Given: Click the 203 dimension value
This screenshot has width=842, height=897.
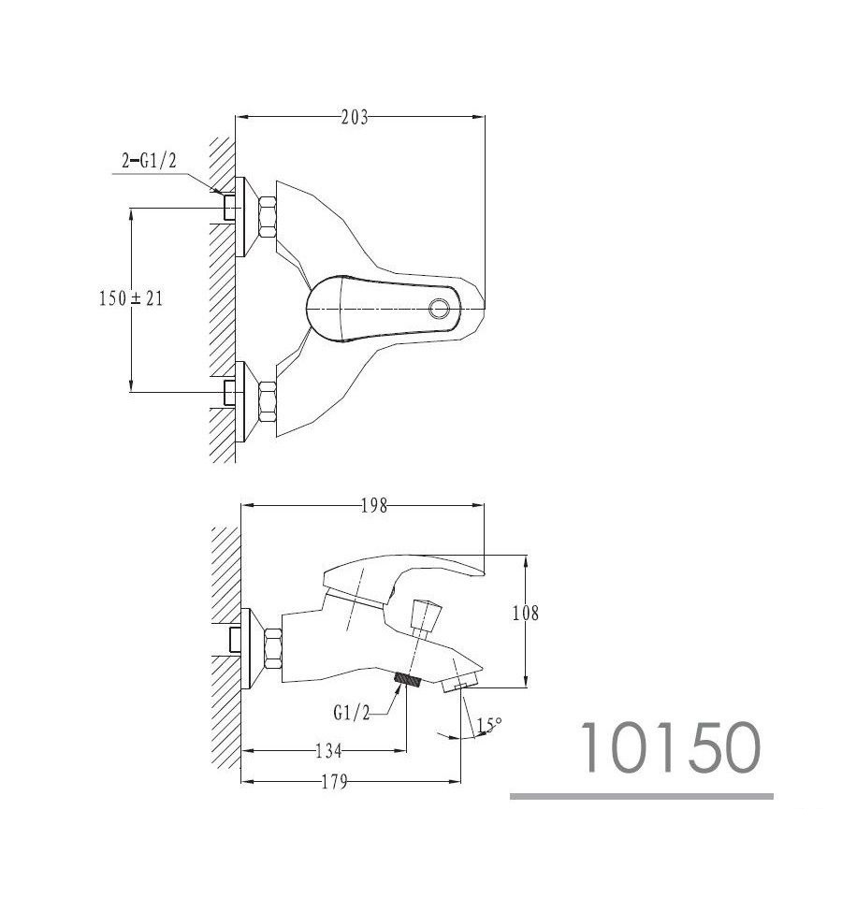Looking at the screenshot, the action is tap(355, 118).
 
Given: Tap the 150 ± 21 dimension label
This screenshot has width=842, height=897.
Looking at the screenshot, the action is tap(131, 298).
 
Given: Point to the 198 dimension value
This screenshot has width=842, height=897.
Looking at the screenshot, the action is tap(374, 506).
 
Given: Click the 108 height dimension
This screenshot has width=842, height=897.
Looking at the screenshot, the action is tap(526, 614).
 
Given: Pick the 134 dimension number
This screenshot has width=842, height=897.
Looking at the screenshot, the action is tap(329, 751).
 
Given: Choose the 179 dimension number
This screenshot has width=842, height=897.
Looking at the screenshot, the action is tap(334, 782).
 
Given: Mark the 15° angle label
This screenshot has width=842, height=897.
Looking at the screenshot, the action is tap(489, 725).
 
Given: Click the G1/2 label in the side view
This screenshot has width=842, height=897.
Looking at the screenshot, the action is tap(352, 712).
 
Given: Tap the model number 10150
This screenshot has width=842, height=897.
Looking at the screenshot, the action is tap(672, 747).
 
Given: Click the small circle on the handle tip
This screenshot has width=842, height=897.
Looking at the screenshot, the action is tap(440, 309).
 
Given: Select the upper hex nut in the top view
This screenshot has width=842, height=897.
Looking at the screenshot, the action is tap(268, 217).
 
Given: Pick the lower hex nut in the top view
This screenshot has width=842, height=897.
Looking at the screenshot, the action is tap(268, 401).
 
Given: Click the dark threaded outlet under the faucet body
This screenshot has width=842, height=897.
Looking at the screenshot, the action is tap(408, 679).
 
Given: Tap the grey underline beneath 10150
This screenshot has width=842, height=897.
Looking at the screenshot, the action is tap(642, 796).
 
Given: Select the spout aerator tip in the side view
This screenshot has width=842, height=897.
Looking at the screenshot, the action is tap(461, 683).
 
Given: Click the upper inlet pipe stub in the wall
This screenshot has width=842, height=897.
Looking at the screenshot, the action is tap(229, 207).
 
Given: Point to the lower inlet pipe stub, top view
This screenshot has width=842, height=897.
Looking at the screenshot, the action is tap(229, 392).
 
